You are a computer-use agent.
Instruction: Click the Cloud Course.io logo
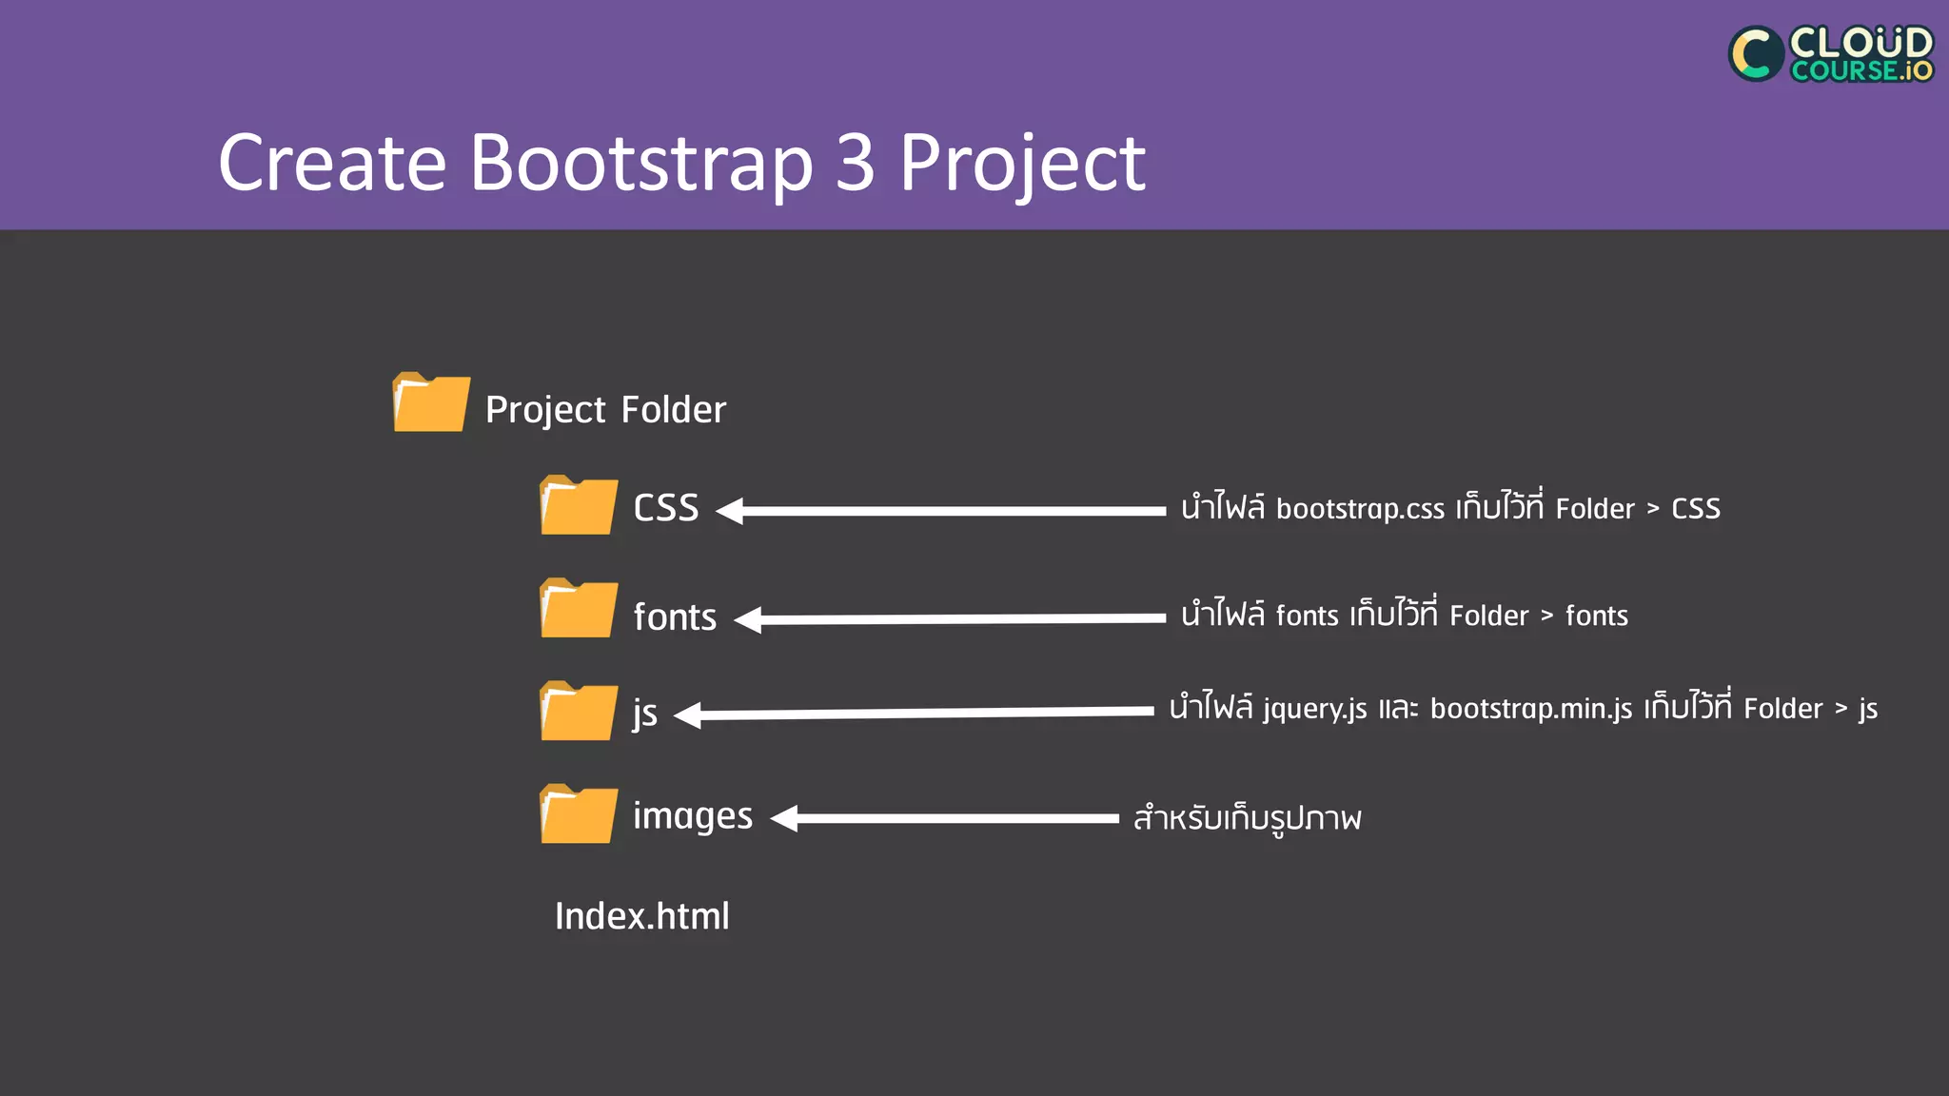coord(1830,53)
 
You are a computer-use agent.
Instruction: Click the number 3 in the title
coord(855,163)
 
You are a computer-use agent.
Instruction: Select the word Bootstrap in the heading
coord(640,163)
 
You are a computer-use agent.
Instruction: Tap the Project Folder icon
coord(431,402)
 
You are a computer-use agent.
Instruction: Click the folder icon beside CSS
coord(578,505)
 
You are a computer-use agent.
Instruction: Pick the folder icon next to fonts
coord(578,608)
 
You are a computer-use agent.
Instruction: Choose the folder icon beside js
coord(578,711)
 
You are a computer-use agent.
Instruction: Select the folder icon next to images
coord(578,813)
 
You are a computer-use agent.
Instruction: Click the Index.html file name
coord(641,916)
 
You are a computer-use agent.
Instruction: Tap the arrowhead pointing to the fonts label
coord(749,619)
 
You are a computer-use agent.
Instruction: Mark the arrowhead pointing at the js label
coord(688,715)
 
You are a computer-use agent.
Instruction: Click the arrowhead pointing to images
coord(784,818)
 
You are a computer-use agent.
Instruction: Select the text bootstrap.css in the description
coord(1359,509)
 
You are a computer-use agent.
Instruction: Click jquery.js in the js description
coord(1314,710)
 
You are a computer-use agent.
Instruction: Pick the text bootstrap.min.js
coord(1530,709)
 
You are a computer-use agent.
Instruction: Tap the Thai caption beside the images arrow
coord(1247,818)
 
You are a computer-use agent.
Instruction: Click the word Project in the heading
coord(1022,163)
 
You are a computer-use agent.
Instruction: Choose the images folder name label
coord(693,816)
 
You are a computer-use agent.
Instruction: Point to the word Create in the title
coord(332,163)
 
